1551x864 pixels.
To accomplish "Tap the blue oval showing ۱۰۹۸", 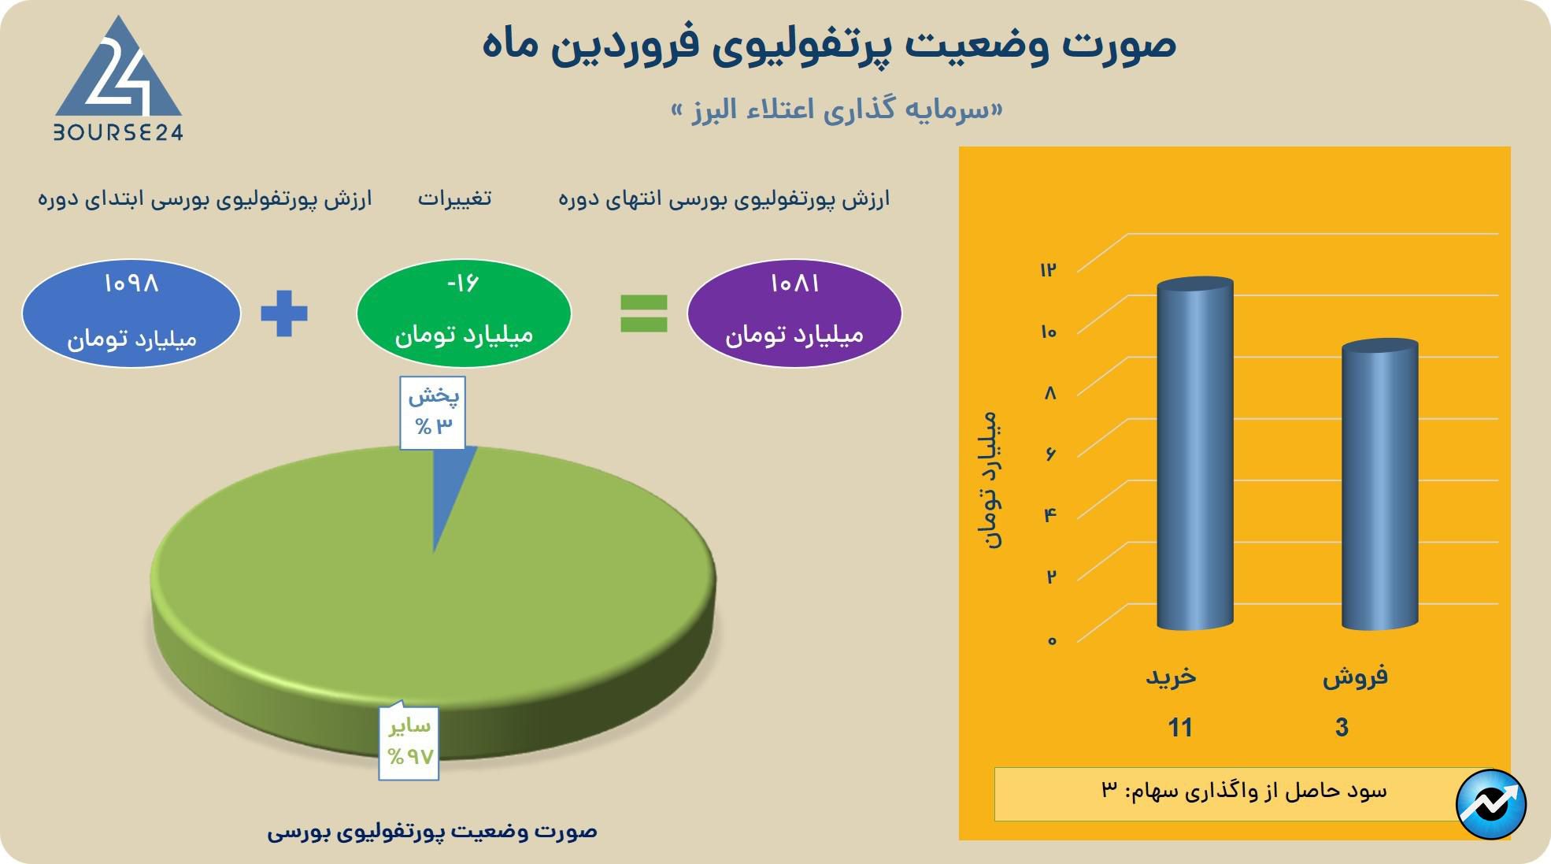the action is [131, 313].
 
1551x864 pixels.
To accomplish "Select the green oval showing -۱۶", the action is [464, 313].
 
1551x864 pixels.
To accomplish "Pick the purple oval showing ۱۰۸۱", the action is [794, 313].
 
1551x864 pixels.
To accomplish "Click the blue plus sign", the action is [284, 313].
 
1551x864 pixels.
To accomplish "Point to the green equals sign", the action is [644, 313].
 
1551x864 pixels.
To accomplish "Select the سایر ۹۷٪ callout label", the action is [409, 740].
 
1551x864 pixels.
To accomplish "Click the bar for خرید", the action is [1194, 454].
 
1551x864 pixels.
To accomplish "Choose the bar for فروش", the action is [1379, 484].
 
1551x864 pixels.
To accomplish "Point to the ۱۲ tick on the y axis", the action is [1048, 270].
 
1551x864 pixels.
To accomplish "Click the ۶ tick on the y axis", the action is [1050, 454].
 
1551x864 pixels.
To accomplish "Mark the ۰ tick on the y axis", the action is [1051, 640].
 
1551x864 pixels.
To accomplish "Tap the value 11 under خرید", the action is [1180, 727].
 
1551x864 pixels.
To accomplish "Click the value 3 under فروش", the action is [1342, 727].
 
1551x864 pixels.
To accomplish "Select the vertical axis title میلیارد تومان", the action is [990, 480].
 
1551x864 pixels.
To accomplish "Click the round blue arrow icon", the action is [1491, 804].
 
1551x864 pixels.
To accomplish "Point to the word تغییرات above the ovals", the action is [454, 198].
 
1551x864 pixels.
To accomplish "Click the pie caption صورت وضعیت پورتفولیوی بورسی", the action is [432, 831].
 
